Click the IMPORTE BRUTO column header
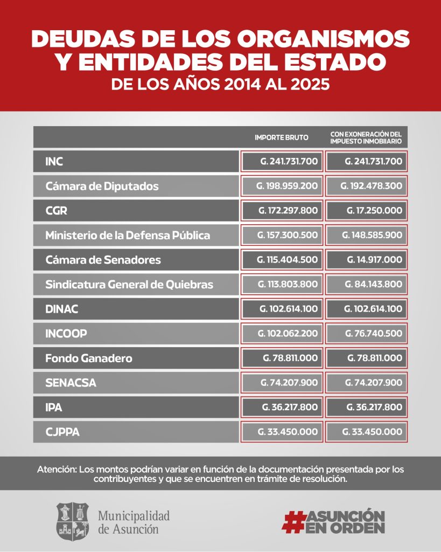click(x=282, y=137)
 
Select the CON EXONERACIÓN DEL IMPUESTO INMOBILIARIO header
click(x=366, y=137)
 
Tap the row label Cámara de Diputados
click(x=102, y=186)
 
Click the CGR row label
click(x=56, y=211)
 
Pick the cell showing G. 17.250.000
click(x=366, y=210)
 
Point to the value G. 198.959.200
click(x=282, y=186)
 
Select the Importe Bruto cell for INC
click(x=282, y=161)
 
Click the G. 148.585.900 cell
click(x=366, y=235)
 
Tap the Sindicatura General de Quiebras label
click(x=129, y=284)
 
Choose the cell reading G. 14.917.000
click(x=366, y=259)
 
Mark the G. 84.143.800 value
click(x=366, y=284)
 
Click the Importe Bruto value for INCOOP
click(x=282, y=333)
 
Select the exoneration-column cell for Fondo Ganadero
click(x=366, y=358)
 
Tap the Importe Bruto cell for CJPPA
click(x=282, y=432)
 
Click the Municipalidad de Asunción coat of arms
click(x=73, y=521)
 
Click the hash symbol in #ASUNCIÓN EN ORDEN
click(x=293, y=521)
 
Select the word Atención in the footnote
click(x=56, y=469)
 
